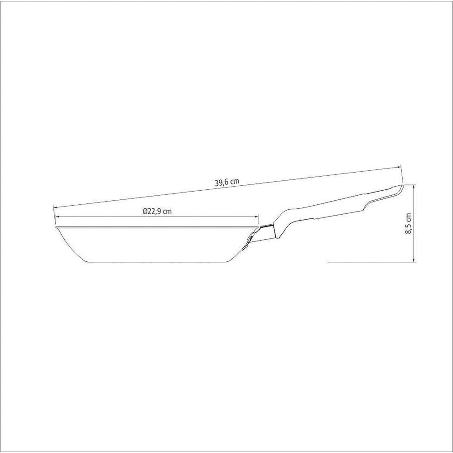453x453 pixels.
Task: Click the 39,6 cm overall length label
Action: (x=227, y=182)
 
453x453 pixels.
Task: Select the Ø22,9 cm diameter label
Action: (x=157, y=211)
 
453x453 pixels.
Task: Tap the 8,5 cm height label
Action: (x=409, y=223)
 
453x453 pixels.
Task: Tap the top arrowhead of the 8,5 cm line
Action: (x=414, y=187)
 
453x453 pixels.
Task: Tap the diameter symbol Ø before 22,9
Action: (x=144, y=211)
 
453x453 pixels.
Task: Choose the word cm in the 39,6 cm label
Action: (x=234, y=182)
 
